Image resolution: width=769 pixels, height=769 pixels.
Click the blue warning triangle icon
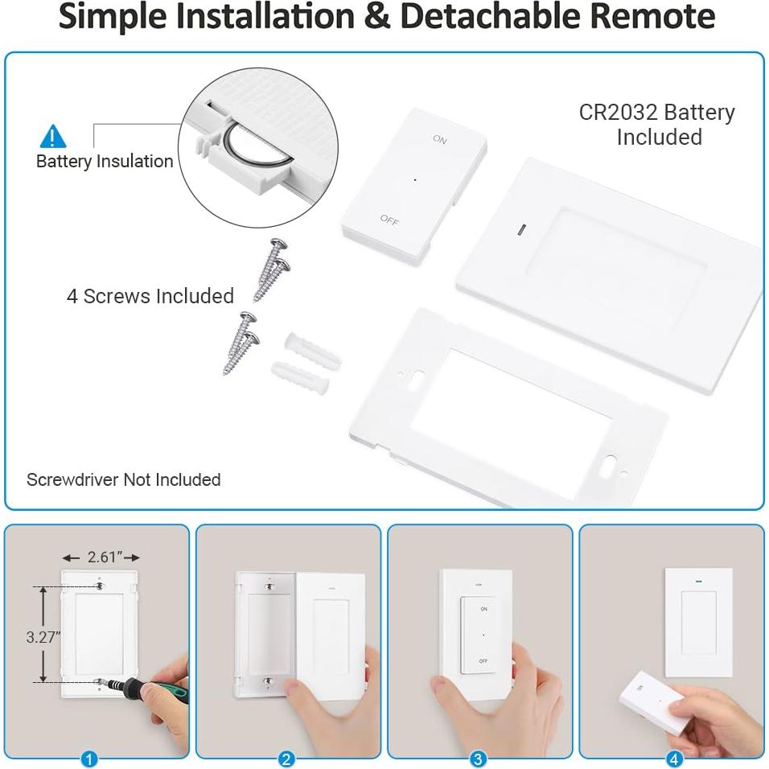[x=52, y=137]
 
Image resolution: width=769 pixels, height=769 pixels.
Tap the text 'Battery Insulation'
[x=105, y=162]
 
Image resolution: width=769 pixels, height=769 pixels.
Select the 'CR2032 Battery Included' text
[x=657, y=125]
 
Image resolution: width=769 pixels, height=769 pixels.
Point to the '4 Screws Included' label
[x=150, y=296]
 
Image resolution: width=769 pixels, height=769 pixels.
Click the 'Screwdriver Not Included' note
[x=124, y=479]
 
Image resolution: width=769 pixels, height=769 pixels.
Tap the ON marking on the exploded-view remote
[x=440, y=139]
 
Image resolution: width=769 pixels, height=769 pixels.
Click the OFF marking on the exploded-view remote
[x=389, y=220]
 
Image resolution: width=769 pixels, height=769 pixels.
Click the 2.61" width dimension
[x=102, y=557]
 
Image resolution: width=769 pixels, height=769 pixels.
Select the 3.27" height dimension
[x=43, y=637]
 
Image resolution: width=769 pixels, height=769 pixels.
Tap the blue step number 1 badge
[x=88, y=759]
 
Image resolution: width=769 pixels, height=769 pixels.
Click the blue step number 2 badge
[x=286, y=759]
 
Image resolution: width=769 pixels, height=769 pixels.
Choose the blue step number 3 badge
[x=478, y=759]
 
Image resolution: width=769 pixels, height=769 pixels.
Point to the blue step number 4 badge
[x=674, y=759]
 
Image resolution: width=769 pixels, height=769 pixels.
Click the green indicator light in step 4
[x=698, y=582]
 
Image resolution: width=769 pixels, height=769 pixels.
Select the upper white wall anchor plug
[x=313, y=348]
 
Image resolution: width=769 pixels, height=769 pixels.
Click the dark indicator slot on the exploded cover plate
[x=522, y=229]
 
